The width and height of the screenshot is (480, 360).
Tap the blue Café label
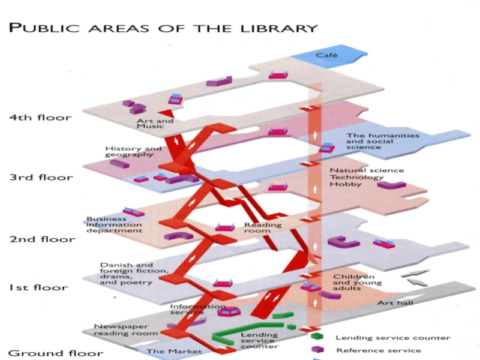(327, 55)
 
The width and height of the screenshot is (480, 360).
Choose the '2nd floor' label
(42, 239)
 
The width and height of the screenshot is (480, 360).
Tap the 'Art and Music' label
(155, 123)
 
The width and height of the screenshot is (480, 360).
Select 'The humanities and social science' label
(374, 141)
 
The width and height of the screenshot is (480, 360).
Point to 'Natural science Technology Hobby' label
(358, 177)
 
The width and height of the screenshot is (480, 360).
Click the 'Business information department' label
(114, 224)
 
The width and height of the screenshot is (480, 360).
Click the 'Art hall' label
(395, 303)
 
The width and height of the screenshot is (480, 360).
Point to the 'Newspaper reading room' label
(126, 329)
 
